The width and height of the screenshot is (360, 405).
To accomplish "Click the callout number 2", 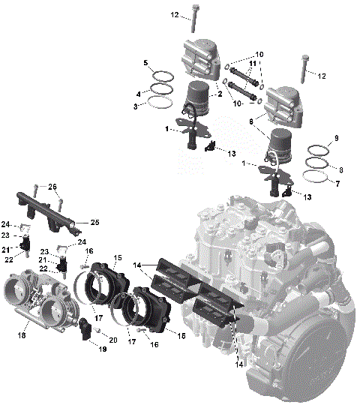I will (x=219, y=94).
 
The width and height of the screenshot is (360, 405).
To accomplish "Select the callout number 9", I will (x=337, y=138).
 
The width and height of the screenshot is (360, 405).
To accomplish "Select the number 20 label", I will (x=113, y=340).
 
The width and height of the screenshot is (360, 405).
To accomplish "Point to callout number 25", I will (x=94, y=222).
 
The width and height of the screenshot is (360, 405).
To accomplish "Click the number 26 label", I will (x=52, y=187).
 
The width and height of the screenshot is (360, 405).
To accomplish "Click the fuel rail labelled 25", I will (x=45, y=209).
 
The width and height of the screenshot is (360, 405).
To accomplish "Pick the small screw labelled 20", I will (x=98, y=331).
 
